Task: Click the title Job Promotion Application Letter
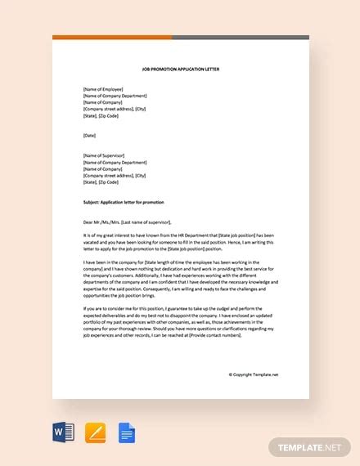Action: [181, 69]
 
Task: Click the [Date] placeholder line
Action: [91, 135]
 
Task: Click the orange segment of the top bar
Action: [112, 37]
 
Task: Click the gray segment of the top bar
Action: [241, 37]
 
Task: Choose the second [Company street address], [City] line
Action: [115, 175]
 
